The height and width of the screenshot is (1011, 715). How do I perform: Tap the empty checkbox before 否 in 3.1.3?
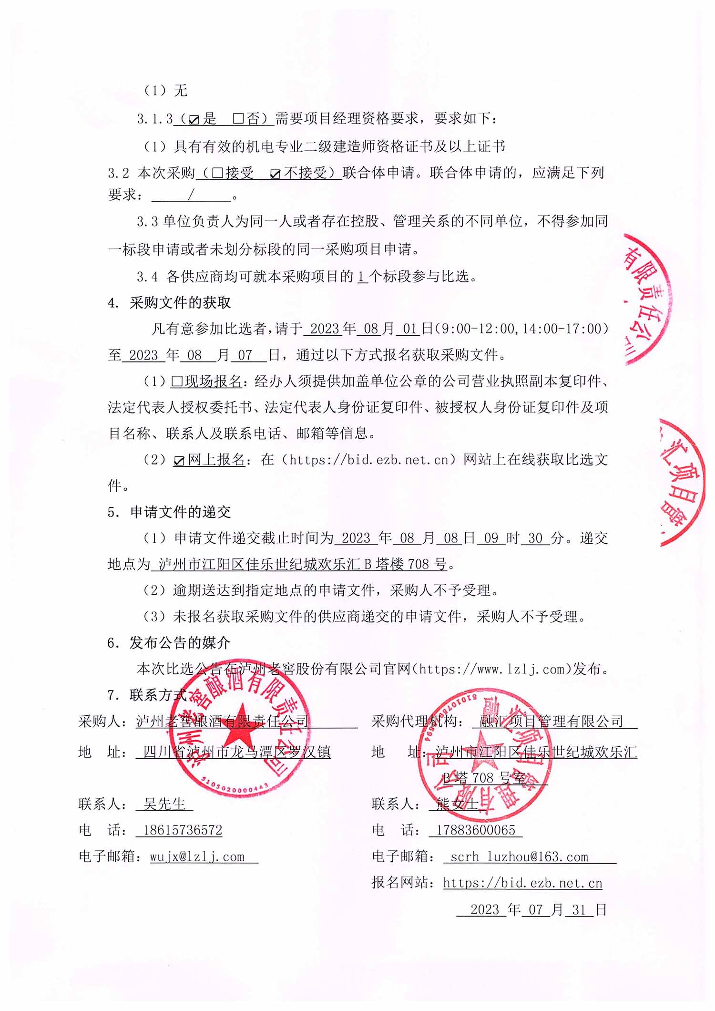point(238,119)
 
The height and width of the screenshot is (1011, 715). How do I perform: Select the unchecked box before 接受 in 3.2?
point(217,173)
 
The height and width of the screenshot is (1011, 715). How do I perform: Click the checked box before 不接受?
point(275,174)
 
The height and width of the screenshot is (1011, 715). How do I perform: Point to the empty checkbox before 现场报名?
point(177,381)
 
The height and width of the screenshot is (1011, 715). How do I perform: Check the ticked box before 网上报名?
point(179,461)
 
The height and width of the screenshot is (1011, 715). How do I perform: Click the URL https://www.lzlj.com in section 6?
point(492,669)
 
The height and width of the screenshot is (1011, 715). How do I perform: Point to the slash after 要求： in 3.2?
point(191,195)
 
